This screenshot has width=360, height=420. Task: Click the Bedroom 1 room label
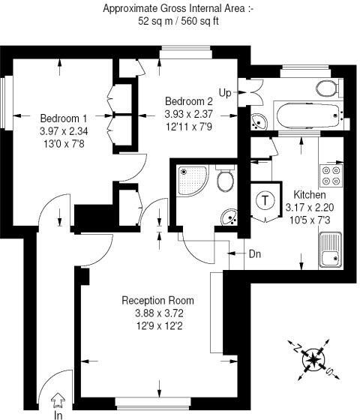click(x=64, y=118)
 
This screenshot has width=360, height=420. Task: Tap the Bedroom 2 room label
click(x=190, y=101)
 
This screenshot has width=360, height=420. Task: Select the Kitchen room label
click(x=310, y=193)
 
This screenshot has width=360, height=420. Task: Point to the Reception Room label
click(x=158, y=300)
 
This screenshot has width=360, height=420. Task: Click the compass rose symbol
click(x=311, y=361)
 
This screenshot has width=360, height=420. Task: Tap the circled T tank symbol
click(x=265, y=200)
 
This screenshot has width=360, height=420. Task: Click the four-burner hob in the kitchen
click(x=331, y=175)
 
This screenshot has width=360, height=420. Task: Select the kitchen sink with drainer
click(x=330, y=249)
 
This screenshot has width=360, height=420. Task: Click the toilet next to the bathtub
click(x=327, y=88)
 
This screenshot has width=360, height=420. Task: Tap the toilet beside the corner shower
click(x=223, y=181)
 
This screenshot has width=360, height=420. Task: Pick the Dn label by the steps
click(x=255, y=253)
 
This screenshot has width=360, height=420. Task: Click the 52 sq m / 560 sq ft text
click(x=178, y=22)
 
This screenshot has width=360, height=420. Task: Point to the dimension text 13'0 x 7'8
click(x=64, y=142)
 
